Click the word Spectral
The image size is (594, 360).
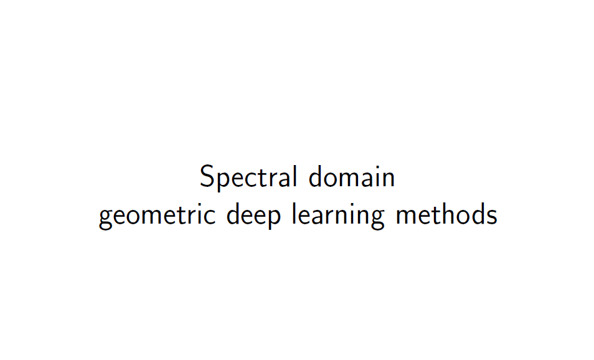click(x=248, y=178)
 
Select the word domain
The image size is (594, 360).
click(x=352, y=177)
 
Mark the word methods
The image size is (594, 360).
click(x=446, y=215)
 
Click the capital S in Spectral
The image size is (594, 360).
click(x=207, y=177)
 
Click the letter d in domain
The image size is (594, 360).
click(x=316, y=177)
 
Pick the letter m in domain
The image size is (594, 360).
click(x=351, y=179)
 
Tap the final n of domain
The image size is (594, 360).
click(x=388, y=179)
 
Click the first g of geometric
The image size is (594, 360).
click(x=106, y=219)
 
